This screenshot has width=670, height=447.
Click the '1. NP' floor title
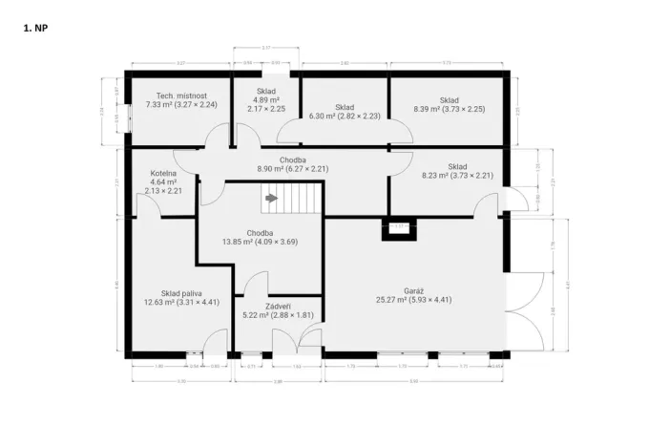(34, 29)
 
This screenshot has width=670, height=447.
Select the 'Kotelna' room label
(163, 174)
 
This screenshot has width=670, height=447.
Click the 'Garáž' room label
(414, 289)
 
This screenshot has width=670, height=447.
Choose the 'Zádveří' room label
(278, 306)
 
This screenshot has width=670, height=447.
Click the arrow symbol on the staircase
(271, 199)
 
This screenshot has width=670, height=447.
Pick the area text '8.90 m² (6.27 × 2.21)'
(292, 168)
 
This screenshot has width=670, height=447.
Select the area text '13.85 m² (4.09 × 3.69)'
(260, 242)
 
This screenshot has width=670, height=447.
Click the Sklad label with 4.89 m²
(265, 92)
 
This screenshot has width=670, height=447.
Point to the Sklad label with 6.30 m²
(345, 107)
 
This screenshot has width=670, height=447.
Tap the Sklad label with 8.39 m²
(450, 99)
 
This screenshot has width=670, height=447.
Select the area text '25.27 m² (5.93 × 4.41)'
(414, 299)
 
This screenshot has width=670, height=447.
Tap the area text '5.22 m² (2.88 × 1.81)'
(278, 315)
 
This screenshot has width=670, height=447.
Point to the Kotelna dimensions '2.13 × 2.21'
(163, 191)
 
